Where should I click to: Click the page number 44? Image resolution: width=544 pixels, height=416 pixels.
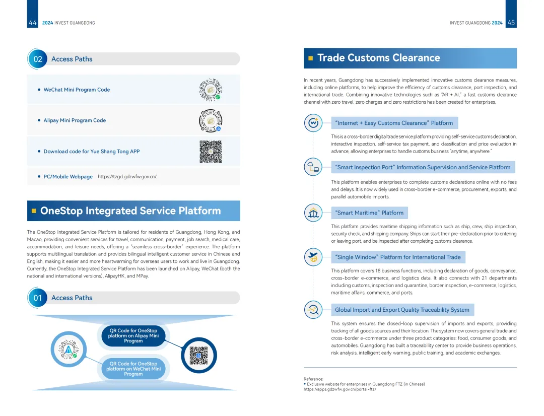pos(33,23)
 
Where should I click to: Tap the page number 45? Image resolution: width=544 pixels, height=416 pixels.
pos(511,23)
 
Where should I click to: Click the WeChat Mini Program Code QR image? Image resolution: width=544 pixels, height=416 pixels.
pos(211,90)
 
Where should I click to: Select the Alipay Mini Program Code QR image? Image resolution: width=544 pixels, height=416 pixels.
pos(211,120)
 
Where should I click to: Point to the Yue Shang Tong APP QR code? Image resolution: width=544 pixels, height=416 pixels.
pos(211,151)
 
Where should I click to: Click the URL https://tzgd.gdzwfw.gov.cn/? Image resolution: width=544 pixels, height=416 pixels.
pos(127,177)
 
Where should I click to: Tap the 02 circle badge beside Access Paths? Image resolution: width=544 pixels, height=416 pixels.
pos(38,59)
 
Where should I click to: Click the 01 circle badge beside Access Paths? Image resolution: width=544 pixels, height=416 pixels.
pos(38,298)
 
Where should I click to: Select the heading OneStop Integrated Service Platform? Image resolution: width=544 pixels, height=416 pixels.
pos(130,211)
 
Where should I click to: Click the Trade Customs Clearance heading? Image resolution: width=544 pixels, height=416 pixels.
pos(378,58)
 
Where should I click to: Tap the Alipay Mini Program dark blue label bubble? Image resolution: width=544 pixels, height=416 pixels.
pos(133,336)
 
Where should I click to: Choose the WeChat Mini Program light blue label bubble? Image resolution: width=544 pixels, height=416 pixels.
pos(133,369)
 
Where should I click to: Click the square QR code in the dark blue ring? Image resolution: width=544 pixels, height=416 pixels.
pos(198,356)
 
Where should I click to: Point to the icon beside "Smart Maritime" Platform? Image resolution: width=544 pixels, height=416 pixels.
pos(313,213)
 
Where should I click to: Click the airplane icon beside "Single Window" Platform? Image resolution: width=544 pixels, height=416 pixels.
pos(313,257)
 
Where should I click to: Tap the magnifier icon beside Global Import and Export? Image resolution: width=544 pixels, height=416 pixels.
pos(313,310)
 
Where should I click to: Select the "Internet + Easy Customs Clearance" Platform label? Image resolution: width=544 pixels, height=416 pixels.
pos(394,123)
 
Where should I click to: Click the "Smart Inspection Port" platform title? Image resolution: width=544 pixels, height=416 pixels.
pos(423,167)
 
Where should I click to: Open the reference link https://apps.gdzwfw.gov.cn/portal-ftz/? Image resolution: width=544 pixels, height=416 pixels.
pos(340,389)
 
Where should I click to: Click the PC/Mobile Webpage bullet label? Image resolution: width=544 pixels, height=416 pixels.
pos(68,177)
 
